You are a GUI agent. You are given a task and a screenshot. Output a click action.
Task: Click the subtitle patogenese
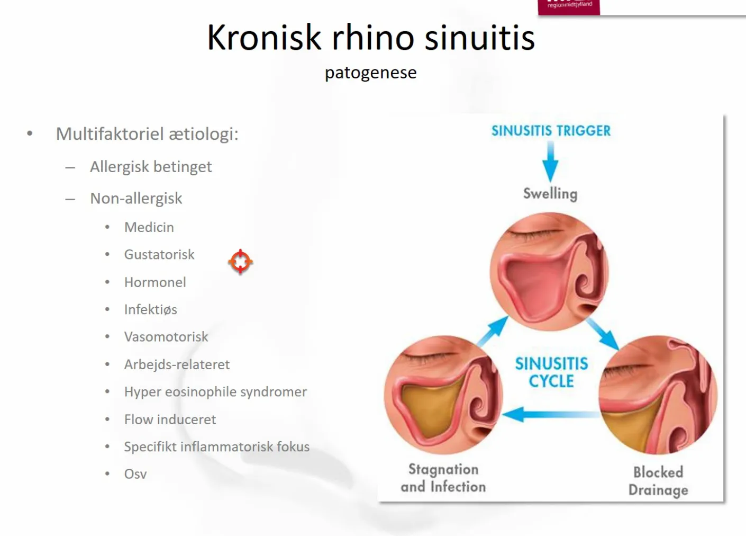click(371, 73)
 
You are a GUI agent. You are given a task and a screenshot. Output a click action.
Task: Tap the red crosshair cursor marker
click(240, 262)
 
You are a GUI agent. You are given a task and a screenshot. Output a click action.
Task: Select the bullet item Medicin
click(149, 227)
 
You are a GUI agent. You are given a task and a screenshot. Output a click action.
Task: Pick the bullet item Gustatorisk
click(159, 255)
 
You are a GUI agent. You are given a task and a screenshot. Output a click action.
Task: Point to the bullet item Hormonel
click(155, 282)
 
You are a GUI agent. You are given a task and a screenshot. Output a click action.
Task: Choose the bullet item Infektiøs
click(151, 310)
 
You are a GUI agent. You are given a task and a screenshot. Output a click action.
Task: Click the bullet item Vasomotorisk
click(166, 337)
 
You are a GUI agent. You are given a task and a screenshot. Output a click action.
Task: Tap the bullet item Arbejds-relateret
click(177, 365)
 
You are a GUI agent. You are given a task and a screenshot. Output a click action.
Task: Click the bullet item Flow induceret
click(170, 419)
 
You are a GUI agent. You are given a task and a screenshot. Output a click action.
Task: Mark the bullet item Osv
click(135, 474)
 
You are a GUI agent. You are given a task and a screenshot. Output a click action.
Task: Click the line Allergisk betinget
click(151, 167)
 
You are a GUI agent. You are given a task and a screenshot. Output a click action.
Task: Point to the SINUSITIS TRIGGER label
click(551, 131)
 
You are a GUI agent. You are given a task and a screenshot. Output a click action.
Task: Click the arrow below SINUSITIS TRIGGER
click(551, 162)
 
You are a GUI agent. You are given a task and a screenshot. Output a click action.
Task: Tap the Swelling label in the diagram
click(550, 194)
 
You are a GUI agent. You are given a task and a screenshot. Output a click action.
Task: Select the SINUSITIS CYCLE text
click(551, 372)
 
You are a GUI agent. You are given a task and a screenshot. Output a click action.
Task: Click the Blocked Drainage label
click(658, 481)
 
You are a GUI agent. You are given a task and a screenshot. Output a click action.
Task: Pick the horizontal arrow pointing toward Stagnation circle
click(551, 415)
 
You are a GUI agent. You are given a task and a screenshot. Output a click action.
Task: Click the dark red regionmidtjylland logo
click(569, 7)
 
